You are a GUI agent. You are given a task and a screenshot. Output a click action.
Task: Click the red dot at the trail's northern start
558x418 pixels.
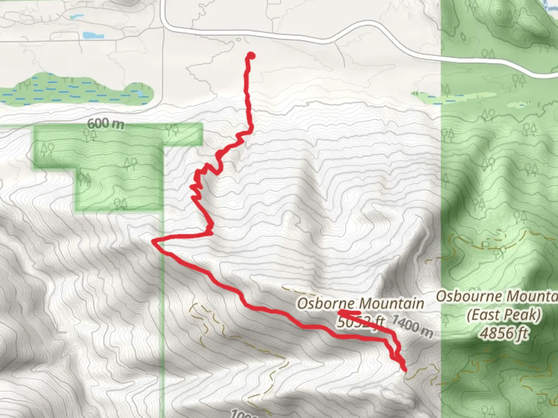[x=251, y=56]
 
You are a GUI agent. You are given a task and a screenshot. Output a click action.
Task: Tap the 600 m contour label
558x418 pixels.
[x=105, y=124]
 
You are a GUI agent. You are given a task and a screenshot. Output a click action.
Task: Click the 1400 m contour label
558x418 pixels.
[x=412, y=326]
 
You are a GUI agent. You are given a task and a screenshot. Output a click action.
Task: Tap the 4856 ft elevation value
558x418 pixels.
[x=503, y=333]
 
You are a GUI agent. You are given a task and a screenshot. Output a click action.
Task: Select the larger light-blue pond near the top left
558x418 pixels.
[x=93, y=36]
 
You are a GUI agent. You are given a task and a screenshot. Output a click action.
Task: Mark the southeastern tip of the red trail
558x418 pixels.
[x=405, y=370]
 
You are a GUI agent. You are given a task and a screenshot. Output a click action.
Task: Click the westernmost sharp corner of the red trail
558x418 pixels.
[x=153, y=242]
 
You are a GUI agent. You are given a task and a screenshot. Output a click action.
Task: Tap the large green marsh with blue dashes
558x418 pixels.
[x=77, y=90]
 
